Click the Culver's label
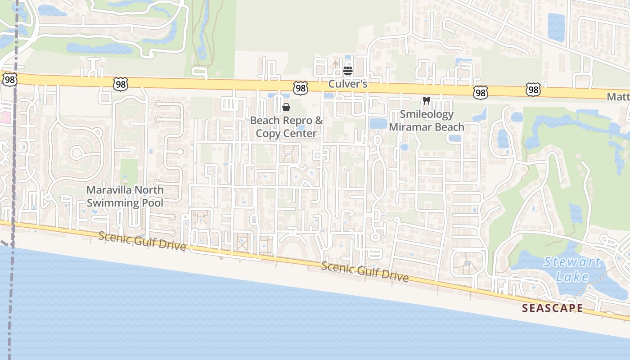tap(348, 84)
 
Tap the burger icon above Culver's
tap(347, 71)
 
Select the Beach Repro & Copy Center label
tap(287, 127)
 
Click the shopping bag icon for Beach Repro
tap(286, 107)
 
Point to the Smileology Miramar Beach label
tap(426, 121)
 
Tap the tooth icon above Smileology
tap(427, 101)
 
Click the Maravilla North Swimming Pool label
tap(125, 196)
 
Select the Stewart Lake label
tap(572, 269)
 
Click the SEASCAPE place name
tap(552, 308)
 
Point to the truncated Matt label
tap(618, 97)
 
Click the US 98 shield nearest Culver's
tap(300, 88)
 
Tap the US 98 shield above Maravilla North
tap(121, 84)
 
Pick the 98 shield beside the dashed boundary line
tap(9, 79)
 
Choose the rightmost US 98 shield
tap(533, 90)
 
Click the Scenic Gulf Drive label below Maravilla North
tap(142, 241)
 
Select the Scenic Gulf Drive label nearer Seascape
tap(365, 272)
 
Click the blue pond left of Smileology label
tap(378, 123)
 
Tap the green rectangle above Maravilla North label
tap(129, 171)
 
